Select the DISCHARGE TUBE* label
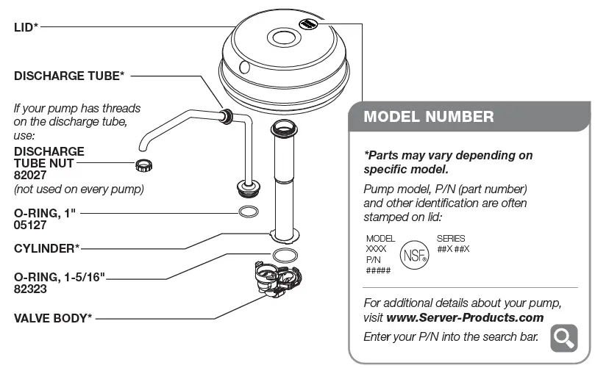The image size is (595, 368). click(69, 75)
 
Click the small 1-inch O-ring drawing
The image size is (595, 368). click(249, 212)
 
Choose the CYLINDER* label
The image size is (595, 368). click(47, 248)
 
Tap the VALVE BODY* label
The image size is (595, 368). click(53, 319)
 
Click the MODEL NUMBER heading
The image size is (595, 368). click(429, 117)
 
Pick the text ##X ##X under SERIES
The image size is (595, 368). click(452, 249)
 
